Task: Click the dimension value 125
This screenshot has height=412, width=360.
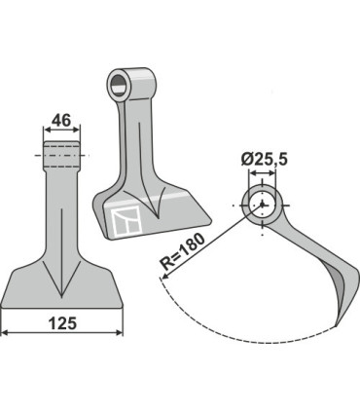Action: (x=62, y=318)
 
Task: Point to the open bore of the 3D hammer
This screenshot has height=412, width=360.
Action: (x=120, y=79)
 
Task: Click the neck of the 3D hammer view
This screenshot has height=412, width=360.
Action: (x=130, y=131)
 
